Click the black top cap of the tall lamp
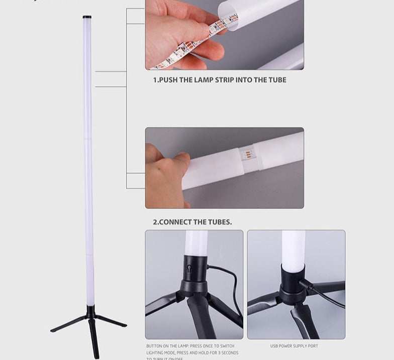point(87,17)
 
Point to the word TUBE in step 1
point(277,80)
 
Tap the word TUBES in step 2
point(220,222)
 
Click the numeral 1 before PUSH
point(155,80)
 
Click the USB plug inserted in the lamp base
point(307,286)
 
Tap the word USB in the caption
point(274,346)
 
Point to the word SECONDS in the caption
point(228,353)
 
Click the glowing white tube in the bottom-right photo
point(293,249)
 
